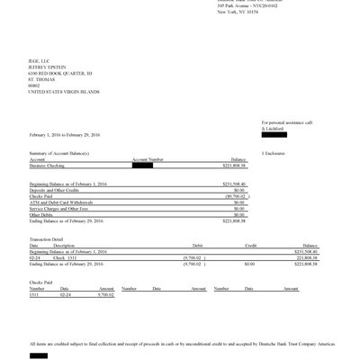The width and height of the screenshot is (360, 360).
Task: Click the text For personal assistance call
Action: click(x=287, y=121)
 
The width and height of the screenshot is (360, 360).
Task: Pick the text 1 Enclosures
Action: click(x=275, y=154)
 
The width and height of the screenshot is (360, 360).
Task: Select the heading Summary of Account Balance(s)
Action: click(x=62, y=154)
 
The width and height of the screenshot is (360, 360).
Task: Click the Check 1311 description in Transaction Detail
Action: click(x=66, y=256)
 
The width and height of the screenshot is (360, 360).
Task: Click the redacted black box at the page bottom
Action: click(x=39, y=355)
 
